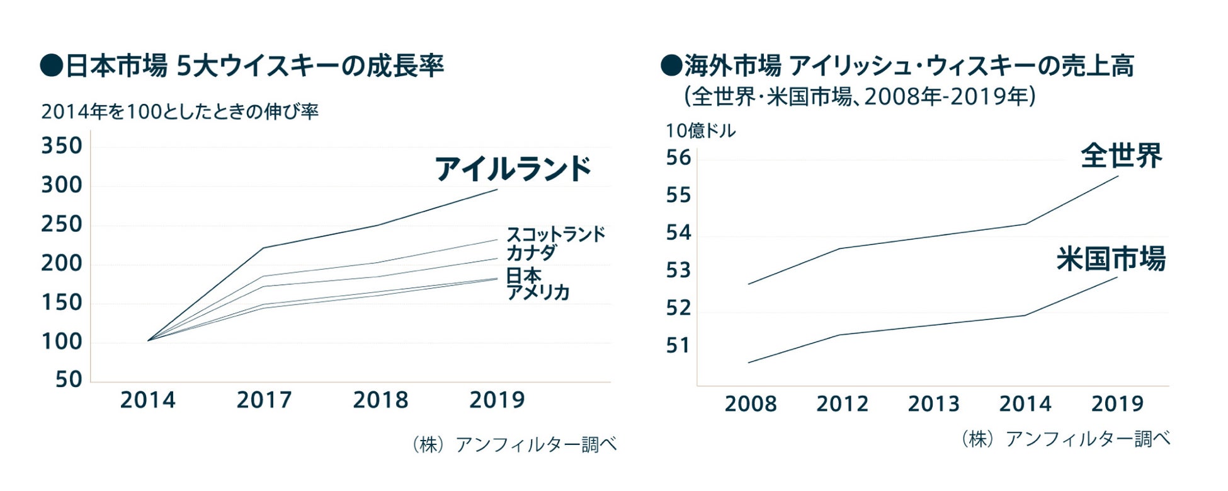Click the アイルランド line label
pos(513,169)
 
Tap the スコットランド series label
pos(555,234)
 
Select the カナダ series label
pos(532,253)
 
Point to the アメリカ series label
pos(538,292)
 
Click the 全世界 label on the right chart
pos(1121,156)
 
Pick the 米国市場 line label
pos(1111,259)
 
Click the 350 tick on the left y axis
pos(62,146)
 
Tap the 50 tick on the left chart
pos(69,379)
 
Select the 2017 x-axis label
pos(264,400)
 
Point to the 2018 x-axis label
pos(380,400)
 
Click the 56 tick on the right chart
pos(678,158)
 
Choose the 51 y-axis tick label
pos(678,345)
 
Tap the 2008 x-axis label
pos(750,404)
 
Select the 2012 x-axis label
pos(842,404)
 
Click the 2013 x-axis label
pos(933,404)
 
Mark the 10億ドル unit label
pos(700,130)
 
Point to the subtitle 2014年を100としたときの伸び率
pos(180,112)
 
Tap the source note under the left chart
pos(514,444)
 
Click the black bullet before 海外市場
pos(671,66)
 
